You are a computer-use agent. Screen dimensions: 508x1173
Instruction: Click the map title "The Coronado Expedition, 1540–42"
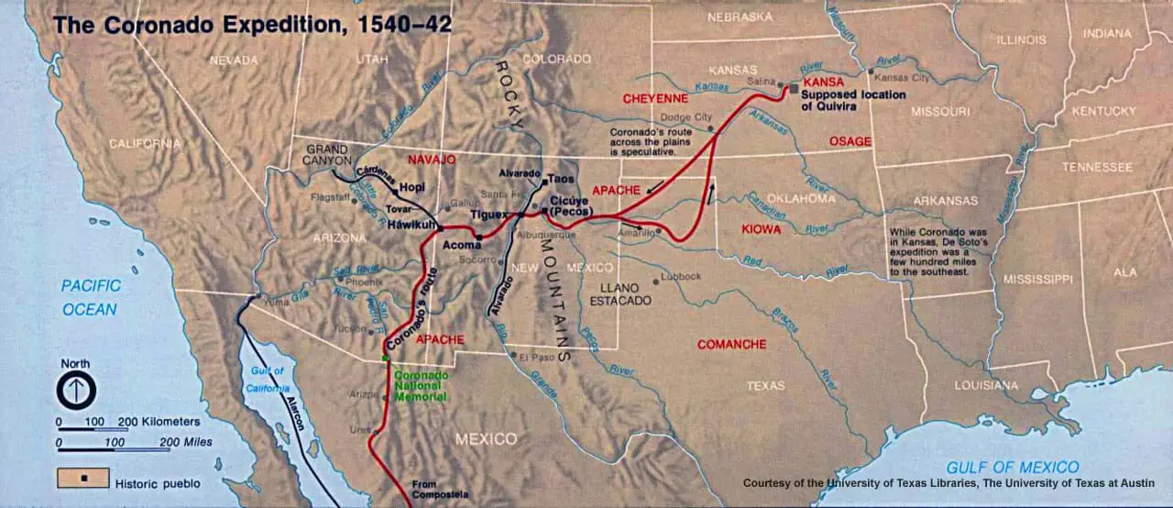[x=252, y=25]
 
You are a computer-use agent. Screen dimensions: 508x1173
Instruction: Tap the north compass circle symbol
[x=76, y=392]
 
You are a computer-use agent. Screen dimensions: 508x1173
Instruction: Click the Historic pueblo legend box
[x=83, y=478]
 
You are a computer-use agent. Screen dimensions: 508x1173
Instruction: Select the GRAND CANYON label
[x=328, y=155]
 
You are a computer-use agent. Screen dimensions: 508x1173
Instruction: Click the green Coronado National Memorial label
[x=421, y=385]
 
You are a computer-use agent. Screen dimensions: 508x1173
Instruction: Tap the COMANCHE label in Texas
[x=731, y=344]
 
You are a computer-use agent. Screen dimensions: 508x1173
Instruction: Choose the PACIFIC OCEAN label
[x=90, y=298]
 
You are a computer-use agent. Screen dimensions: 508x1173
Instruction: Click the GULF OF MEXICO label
[x=1013, y=467]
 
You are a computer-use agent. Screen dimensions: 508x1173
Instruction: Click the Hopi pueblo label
[x=411, y=190]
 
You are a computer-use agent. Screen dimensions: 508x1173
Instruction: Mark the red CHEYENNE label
[x=655, y=98]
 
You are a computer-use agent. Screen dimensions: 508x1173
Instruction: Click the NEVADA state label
[x=234, y=61]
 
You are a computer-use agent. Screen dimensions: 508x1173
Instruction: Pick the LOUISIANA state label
[x=986, y=385]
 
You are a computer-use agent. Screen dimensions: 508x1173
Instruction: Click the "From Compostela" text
[x=430, y=489]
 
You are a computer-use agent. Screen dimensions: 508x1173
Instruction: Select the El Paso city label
[x=538, y=357]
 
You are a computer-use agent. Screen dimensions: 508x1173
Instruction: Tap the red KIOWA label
[x=762, y=229]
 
